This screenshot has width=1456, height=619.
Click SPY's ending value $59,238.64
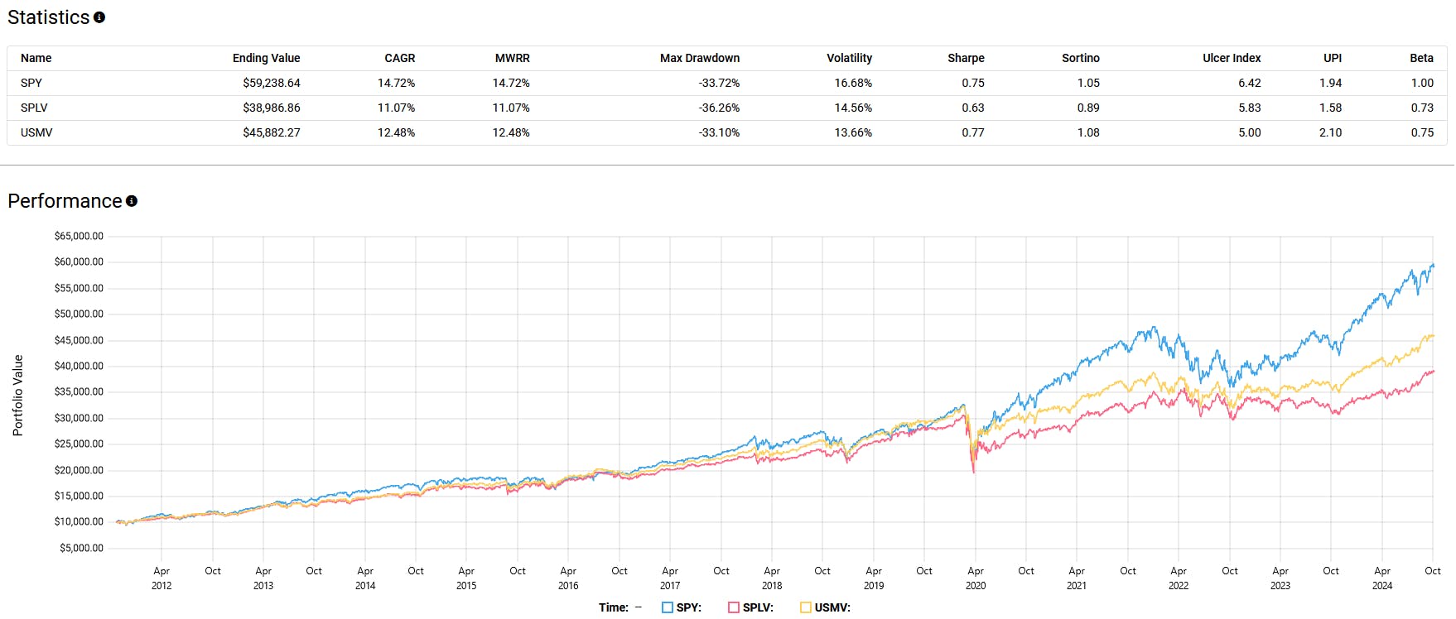pos(271,83)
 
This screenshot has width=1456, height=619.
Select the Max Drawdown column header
pos(699,58)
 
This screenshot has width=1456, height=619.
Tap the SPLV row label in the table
pos(34,108)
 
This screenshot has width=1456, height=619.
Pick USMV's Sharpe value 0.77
pos(972,132)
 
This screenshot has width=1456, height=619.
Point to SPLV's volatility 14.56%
pos(852,108)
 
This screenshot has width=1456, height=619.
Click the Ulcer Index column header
pos(1231,58)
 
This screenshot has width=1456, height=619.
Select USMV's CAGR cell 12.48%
pos(396,132)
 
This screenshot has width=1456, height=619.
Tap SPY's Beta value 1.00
pos(1421,83)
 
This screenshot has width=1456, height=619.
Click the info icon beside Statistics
pos(99,17)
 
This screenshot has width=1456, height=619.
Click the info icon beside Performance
pos(132,201)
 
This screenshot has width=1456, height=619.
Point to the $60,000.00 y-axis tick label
pos(79,262)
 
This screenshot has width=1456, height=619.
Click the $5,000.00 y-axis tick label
pos(81,548)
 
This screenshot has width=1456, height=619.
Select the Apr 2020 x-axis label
pos(975,578)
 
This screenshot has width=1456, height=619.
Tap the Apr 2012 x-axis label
pos(162,578)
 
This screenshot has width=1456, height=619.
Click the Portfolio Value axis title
pos(17,396)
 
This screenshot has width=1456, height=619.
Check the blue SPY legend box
pos(668,607)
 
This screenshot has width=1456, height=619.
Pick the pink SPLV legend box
pos(734,607)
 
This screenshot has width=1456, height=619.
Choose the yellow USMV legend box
pos(806,607)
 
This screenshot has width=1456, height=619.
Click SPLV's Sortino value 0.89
pos(1087,108)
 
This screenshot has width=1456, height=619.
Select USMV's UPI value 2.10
pos(1329,132)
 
